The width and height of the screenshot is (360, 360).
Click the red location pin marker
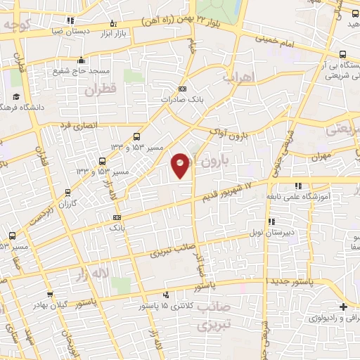pyautogui.click(x=181, y=165)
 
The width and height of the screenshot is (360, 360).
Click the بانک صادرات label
pyautogui.click(x=183, y=101)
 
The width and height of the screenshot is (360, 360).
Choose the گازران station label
pyautogui.click(x=67, y=202)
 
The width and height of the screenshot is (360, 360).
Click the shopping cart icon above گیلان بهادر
pyautogui.click(x=49, y=294)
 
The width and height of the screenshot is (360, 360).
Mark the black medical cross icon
pyautogui.click(x=342, y=307)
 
